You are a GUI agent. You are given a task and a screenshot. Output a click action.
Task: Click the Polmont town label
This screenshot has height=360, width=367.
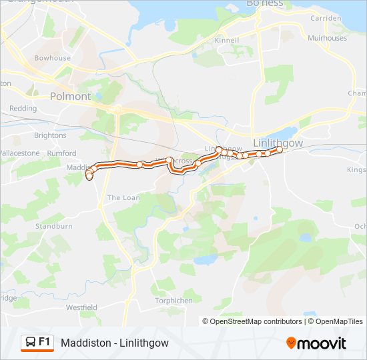click(70, 96)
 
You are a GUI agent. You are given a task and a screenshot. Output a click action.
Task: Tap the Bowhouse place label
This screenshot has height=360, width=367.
click(53, 58)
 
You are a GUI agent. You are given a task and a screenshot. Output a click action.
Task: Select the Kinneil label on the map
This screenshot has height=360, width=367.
click(226, 40)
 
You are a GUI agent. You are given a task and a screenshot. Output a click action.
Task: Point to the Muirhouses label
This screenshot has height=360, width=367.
click(328, 38)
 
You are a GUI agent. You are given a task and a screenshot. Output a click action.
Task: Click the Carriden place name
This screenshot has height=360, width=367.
click(325, 18)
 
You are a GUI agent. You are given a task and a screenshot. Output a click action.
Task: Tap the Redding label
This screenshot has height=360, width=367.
click(23, 108)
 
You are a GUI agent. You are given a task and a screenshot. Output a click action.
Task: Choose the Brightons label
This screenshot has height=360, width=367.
click(50, 135)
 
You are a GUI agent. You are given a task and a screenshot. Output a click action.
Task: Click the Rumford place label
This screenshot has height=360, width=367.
click(62, 153)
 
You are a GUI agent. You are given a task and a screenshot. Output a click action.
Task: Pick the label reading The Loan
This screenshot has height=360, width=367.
click(123, 197)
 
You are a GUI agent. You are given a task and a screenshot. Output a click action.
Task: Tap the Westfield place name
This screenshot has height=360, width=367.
click(81, 307)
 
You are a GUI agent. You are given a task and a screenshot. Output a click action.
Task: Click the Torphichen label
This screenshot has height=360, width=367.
click(173, 301)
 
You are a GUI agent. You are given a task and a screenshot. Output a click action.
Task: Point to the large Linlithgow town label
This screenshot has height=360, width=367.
click(278, 143)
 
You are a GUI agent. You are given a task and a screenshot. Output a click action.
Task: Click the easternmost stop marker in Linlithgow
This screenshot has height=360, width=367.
click(280, 150)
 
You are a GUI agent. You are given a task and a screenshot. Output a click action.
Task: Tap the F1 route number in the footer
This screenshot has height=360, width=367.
click(45, 341)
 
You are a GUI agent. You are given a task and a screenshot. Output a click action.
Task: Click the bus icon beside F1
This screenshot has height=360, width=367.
click(30, 342)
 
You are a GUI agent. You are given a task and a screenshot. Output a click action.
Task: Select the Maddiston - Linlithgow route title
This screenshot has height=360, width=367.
click(115, 343)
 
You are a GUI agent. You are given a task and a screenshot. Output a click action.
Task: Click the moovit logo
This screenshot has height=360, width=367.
click(316, 343)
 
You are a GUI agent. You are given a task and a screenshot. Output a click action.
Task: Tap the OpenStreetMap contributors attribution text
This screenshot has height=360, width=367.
click(256, 321)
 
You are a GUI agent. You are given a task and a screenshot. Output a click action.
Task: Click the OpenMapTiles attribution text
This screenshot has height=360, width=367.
click(340, 321)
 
